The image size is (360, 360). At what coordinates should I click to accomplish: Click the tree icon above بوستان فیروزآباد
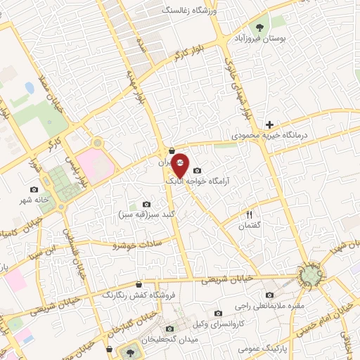261,27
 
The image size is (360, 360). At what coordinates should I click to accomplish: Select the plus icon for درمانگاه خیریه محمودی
269,124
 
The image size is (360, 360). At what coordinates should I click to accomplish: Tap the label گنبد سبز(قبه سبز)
147,213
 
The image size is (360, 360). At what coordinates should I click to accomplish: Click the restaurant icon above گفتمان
248,214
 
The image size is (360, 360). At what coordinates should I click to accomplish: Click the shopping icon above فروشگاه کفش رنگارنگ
138,284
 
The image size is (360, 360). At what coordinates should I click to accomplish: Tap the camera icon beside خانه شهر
34,189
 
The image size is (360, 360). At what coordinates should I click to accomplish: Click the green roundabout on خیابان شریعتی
311,274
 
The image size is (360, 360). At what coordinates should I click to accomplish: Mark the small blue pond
30,88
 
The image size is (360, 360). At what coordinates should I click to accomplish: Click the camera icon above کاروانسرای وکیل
218,313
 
